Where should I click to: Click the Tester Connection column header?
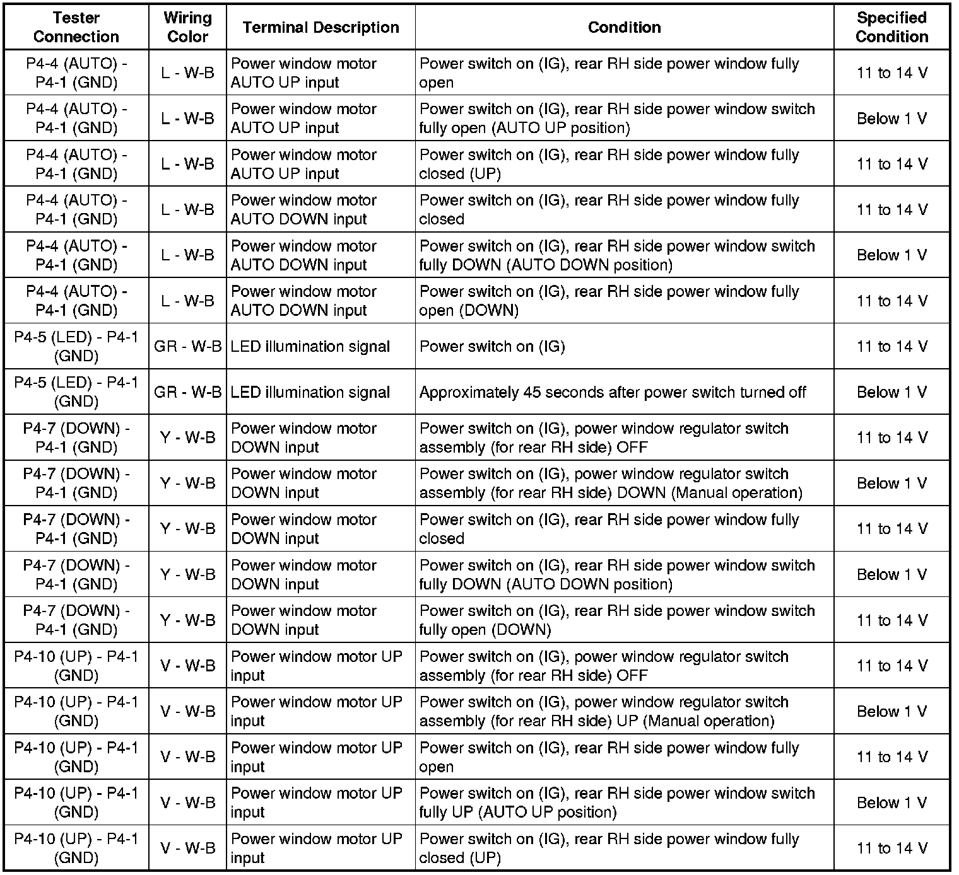(76, 27)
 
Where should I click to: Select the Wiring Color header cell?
(187, 27)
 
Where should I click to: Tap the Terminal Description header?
(321, 27)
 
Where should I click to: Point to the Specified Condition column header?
(891, 27)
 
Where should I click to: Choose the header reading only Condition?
(624, 27)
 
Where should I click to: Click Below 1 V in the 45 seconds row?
(891, 392)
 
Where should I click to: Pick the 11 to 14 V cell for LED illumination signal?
(891, 346)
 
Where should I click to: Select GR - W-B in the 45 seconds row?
(187, 392)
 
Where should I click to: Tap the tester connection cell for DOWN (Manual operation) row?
(76, 483)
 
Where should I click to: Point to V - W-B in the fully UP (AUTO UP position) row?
(187, 803)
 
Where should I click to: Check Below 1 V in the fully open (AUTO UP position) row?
(891, 118)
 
